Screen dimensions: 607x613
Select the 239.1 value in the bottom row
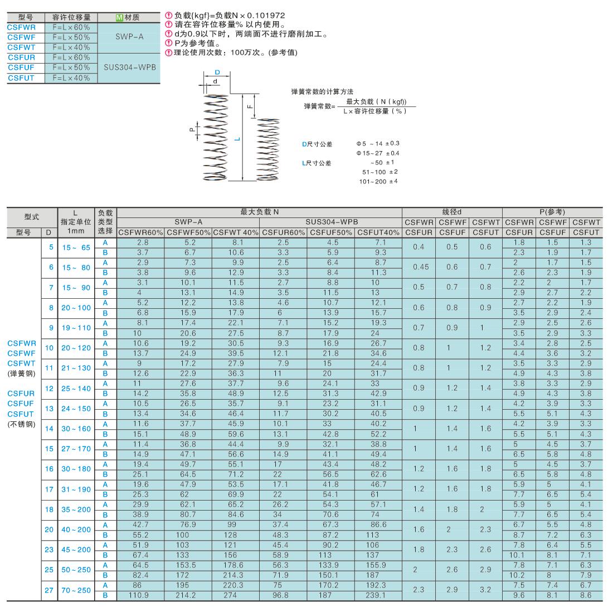(378, 595)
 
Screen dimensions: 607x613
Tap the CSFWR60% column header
(141, 231)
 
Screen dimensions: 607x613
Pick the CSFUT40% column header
(378, 231)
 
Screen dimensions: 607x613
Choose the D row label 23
(48, 549)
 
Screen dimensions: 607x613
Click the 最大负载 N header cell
(260, 212)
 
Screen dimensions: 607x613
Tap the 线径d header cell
(452, 212)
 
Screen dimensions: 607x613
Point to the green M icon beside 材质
(119, 17)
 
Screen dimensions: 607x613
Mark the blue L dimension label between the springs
(237, 139)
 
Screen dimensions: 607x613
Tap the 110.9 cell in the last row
(141, 595)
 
